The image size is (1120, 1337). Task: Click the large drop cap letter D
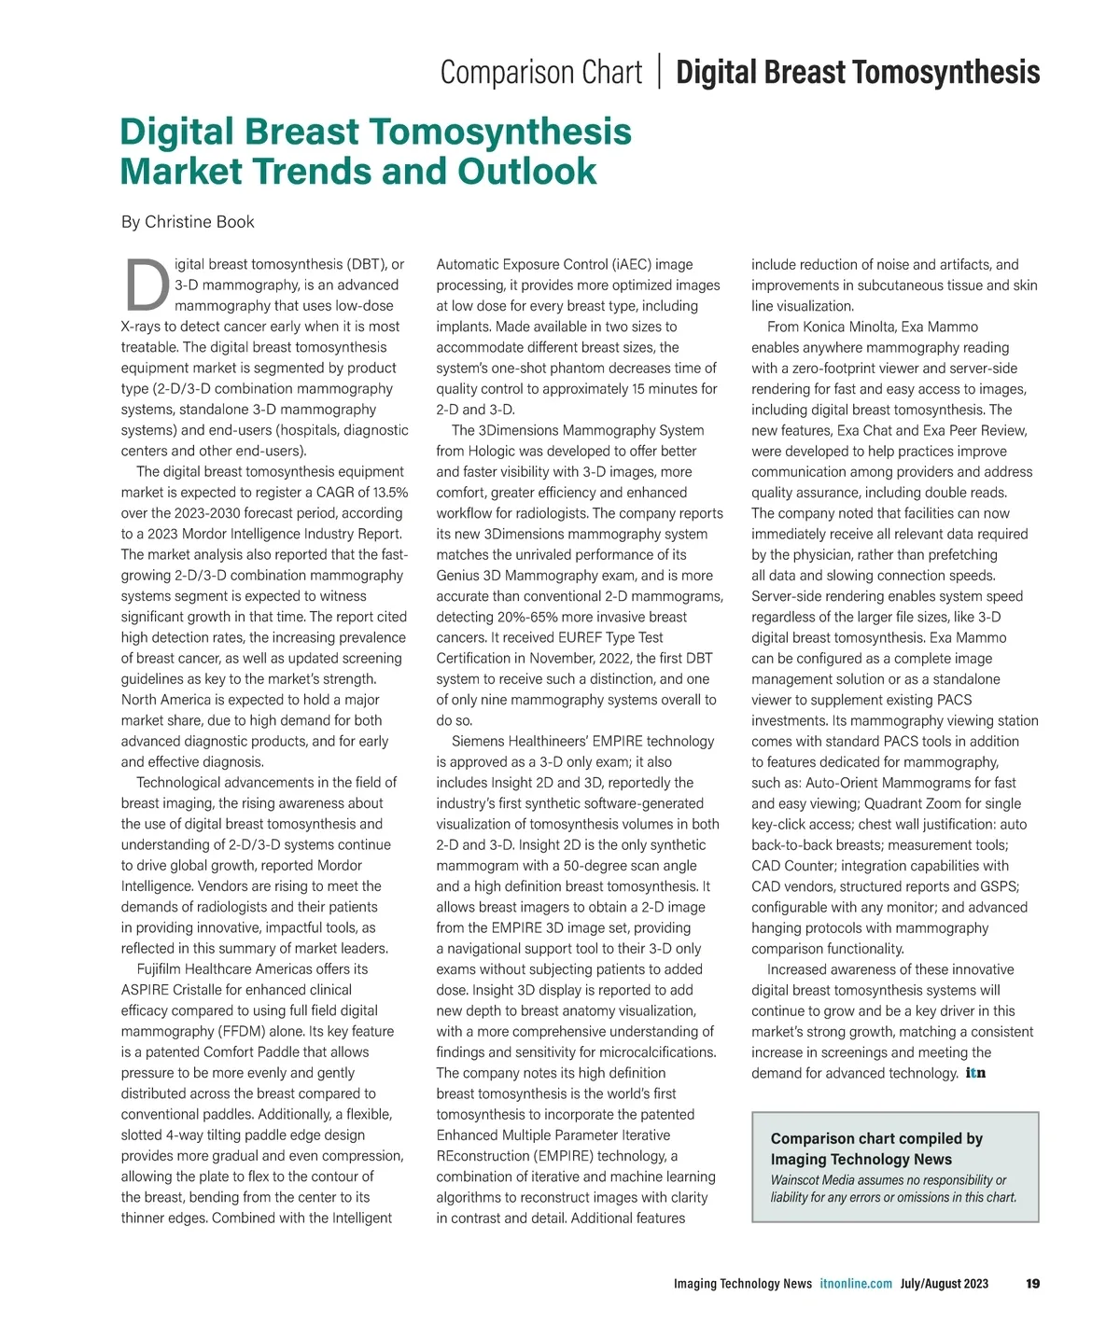click(x=147, y=285)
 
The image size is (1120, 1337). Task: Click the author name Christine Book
click(x=199, y=222)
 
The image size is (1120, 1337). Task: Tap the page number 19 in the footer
click(x=1032, y=1284)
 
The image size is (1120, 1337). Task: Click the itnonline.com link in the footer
click(x=856, y=1284)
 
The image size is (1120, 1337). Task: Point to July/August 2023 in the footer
click(x=944, y=1284)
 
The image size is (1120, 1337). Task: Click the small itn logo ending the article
click(x=975, y=1073)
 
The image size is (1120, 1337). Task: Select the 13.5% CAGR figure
click(x=390, y=493)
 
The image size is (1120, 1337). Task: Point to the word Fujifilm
click(x=164, y=969)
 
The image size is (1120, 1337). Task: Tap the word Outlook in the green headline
click(x=526, y=172)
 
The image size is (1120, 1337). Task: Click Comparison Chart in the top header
click(x=540, y=73)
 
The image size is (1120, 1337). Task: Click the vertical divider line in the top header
click(x=660, y=72)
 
